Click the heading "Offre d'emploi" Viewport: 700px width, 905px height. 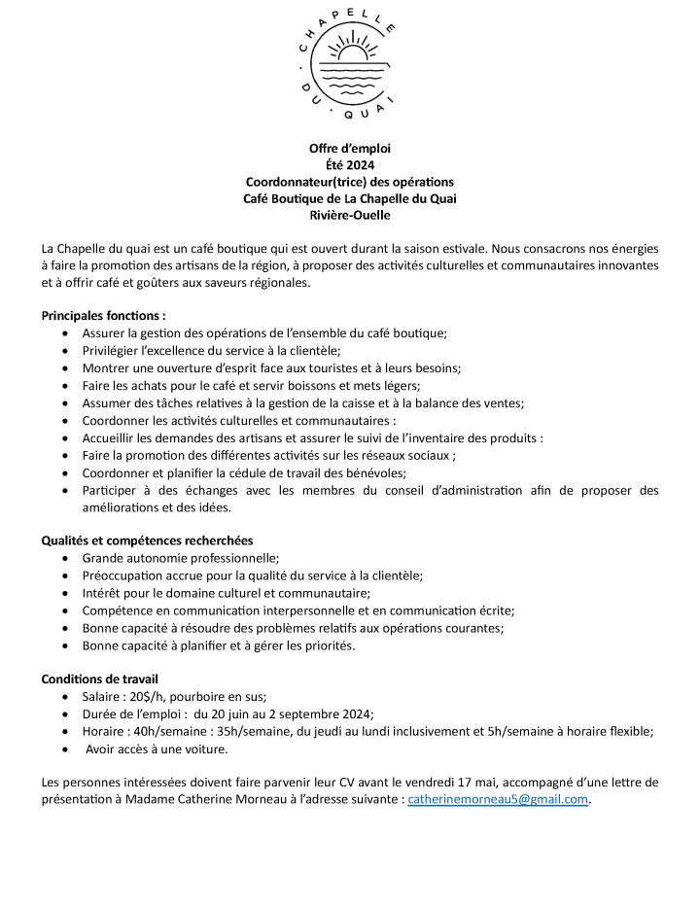point(349,148)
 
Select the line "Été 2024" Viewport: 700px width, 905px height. point(349,164)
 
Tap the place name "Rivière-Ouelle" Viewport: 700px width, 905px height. point(349,215)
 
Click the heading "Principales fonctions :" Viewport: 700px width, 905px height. point(103,315)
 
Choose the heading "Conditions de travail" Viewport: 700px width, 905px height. point(100,679)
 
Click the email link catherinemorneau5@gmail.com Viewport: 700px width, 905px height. point(499,799)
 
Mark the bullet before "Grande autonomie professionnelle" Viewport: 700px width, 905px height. point(64,558)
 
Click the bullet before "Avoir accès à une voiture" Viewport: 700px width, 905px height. point(64,748)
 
